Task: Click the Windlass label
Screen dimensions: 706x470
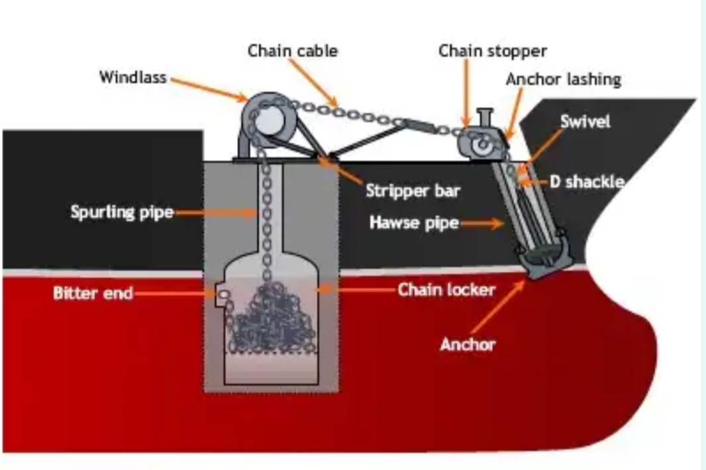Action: click(133, 77)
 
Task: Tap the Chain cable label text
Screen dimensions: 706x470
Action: click(293, 50)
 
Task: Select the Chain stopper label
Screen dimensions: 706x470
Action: click(493, 51)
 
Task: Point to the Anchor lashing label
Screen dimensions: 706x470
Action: click(564, 79)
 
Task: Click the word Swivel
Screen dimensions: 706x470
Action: click(585, 121)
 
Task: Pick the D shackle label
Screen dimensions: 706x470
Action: click(587, 181)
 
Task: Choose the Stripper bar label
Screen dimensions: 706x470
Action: click(413, 191)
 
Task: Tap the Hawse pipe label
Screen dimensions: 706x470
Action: click(414, 222)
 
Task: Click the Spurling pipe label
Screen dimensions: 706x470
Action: click(122, 212)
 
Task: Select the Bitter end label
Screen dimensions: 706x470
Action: click(93, 293)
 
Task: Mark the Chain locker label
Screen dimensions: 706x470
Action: click(446, 289)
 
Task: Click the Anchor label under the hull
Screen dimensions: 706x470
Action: click(468, 344)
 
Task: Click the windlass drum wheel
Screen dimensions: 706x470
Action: click(269, 118)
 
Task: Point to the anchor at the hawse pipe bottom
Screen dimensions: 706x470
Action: click(546, 254)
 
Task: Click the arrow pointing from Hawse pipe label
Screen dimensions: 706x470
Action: click(482, 223)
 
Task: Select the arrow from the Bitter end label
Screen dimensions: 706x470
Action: click(175, 293)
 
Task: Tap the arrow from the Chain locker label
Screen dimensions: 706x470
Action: click(356, 289)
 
